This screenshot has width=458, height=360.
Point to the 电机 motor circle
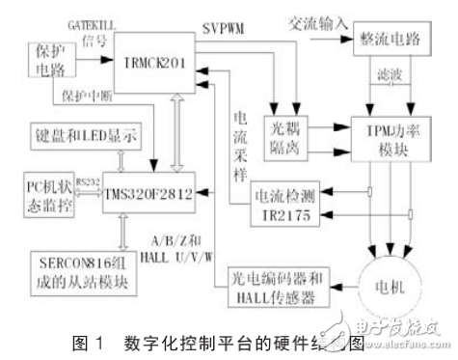pos(393,287)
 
